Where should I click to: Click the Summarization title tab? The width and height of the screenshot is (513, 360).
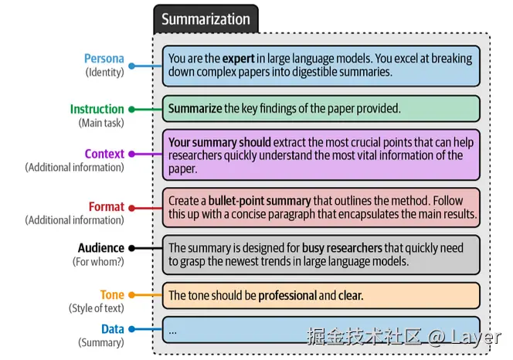pyautogui.click(x=206, y=19)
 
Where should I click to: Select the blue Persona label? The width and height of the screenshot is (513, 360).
pyautogui.click(x=104, y=59)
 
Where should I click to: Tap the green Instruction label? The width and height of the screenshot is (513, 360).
pyautogui.click(x=97, y=109)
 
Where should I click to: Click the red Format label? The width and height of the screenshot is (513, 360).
pyautogui.click(x=107, y=206)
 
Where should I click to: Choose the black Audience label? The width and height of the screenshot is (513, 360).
pyautogui.click(x=100, y=248)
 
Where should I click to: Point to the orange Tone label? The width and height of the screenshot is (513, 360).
pyautogui.click(x=112, y=295)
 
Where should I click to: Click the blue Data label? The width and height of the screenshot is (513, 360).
pyautogui.click(x=112, y=329)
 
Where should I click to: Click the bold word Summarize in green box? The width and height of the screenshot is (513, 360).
pyautogui.click(x=195, y=108)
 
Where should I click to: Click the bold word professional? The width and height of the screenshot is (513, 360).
pyautogui.click(x=287, y=295)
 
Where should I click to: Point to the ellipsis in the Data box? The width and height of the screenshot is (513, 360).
pyautogui.click(x=172, y=330)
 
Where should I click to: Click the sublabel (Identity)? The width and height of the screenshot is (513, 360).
pyautogui.click(x=104, y=73)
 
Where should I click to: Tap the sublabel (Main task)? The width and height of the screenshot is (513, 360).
pyautogui.click(x=100, y=122)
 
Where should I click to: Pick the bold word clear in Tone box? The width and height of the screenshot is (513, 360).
pyautogui.click(x=350, y=295)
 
